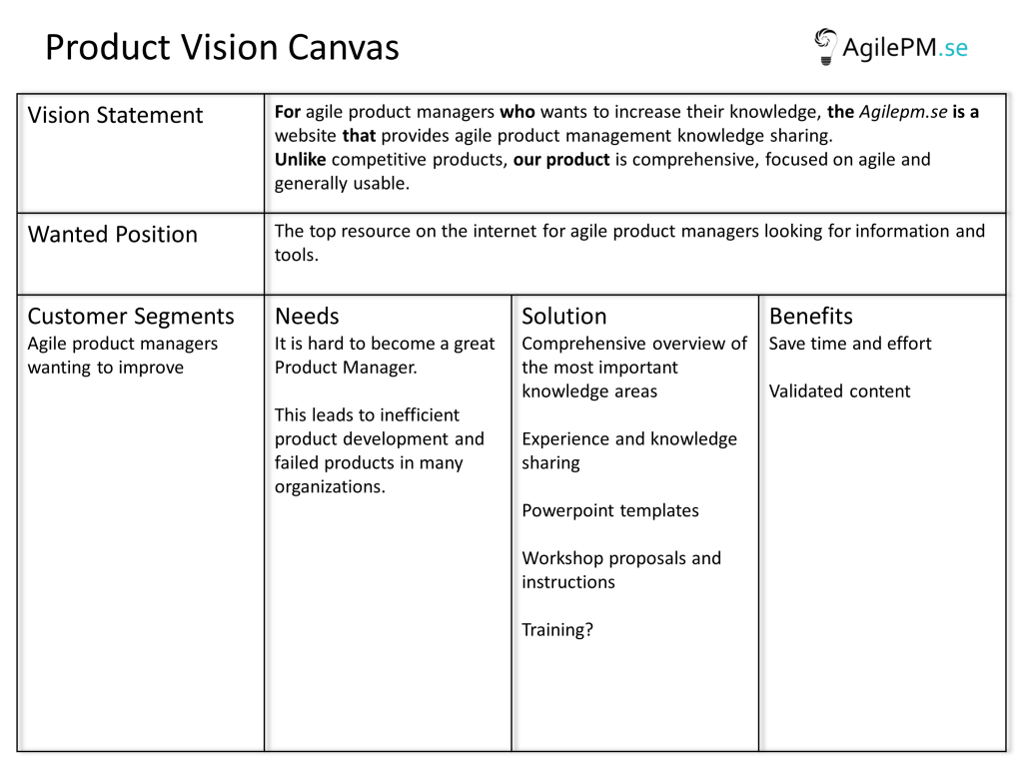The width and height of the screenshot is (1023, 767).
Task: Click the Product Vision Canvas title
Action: (x=222, y=48)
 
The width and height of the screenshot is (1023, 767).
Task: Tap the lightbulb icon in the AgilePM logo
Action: (x=825, y=46)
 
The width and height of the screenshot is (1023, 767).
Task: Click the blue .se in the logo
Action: (x=953, y=48)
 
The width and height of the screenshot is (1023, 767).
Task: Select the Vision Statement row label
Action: (x=115, y=115)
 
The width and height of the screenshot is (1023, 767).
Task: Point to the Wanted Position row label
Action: (x=112, y=234)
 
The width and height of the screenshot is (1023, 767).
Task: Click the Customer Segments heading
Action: (x=131, y=317)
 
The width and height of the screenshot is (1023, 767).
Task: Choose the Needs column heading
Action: (x=307, y=317)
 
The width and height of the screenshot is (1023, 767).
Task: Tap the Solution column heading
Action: (x=564, y=317)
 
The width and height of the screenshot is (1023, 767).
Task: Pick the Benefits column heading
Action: (x=811, y=317)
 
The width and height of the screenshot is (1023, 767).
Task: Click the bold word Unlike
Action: (x=300, y=160)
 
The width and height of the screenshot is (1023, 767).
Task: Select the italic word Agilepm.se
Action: (x=903, y=112)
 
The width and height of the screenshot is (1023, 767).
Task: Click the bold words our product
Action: (x=561, y=161)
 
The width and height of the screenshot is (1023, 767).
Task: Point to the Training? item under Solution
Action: (x=557, y=630)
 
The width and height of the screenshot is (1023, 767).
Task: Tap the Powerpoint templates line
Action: (x=610, y=510)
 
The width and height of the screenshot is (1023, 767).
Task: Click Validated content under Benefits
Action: (x=839, y=391)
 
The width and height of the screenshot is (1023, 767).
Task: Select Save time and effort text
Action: (x=850, y=344)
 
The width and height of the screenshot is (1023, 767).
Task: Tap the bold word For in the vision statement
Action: (x=287, y=112)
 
